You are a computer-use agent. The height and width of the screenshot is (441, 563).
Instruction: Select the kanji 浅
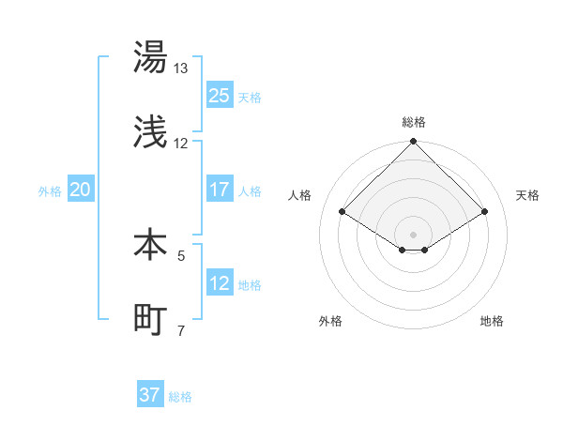[x=150, y=133]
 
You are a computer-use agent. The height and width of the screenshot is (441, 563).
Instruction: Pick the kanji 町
[x=150, y=320]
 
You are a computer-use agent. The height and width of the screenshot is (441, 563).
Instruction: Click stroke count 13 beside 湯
[x=180, y=68]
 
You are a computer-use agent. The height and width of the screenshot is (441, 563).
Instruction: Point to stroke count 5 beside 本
[x=181, y=254]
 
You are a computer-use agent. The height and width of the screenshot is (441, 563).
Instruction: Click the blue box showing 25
[x=220, y=96]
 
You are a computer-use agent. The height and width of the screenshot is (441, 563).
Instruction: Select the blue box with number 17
[x=220, y=190]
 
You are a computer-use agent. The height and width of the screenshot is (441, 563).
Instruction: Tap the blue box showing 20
[x=81, y=190]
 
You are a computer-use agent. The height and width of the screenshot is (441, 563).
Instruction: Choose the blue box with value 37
[x=150, y=395]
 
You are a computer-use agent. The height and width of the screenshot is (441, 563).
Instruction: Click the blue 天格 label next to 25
[x=250, y=97]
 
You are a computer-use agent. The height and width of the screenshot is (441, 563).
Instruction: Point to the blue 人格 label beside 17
[x=250, y=190]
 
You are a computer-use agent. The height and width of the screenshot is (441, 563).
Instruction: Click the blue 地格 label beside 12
[x=250, y=284]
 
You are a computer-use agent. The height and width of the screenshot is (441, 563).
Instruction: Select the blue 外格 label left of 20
[x=50, y=190]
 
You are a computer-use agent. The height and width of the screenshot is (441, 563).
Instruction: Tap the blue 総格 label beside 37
[x=180, y=396]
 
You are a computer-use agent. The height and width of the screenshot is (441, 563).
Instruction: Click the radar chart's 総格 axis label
[x=414, y=122]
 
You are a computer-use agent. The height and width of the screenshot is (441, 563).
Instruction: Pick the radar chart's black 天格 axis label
[x=527, y=195]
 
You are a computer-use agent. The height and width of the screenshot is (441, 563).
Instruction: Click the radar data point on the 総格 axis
[x=414, y=142]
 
